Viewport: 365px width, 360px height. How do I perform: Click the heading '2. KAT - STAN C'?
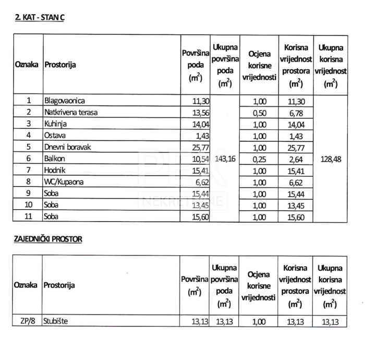click(40, 17)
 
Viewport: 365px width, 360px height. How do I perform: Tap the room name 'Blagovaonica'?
click(65, 101)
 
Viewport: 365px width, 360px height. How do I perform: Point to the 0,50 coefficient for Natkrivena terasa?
click(259, 112)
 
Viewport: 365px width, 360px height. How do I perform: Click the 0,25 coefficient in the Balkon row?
click(259, 159)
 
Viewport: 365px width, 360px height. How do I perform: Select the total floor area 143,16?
click(225, 159)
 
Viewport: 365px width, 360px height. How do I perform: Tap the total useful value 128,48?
click(330, 159)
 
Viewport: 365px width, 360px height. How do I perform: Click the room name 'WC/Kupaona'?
click(63, 182)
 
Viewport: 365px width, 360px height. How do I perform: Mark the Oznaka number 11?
click(29, 217)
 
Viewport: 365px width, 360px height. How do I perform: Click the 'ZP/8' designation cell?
click(27, 321)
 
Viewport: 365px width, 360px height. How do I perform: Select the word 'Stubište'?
click(56, 321)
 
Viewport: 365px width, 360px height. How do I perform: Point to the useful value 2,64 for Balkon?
click(296, 159)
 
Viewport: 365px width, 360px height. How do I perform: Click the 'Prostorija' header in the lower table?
click(59, 285)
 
